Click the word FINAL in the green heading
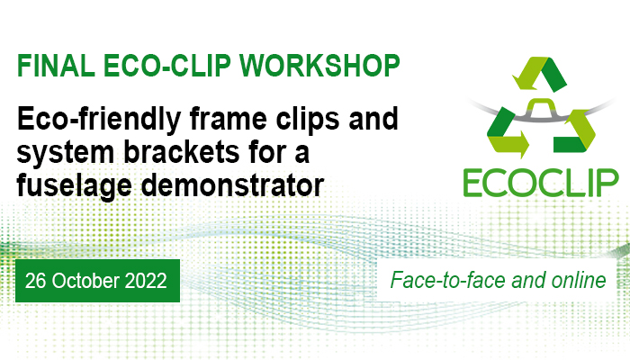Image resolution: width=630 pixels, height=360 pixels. coord(56,66)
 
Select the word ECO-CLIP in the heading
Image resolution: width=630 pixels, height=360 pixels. coord(167,66)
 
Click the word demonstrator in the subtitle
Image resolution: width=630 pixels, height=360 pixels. coord(232,185)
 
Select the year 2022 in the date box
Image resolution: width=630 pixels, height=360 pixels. coord(146,281)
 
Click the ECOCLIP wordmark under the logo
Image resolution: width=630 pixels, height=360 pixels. coord(541,183)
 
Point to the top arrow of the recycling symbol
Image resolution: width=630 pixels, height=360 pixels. coord(539,74)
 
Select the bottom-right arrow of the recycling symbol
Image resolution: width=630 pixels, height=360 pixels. coord(574,131)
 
